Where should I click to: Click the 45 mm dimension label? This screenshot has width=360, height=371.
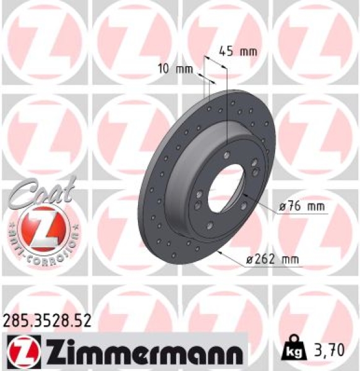(238, 51)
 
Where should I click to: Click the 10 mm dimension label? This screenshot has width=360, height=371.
(175, 69)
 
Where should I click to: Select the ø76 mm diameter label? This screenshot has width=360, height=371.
(302, 208)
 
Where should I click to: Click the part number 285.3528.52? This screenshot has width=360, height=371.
(48, 321)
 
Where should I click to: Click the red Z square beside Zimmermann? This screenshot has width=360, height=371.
(23, 351)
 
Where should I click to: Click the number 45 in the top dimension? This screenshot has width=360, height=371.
(226, 51)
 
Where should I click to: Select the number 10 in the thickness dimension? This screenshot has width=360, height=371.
(164, 69)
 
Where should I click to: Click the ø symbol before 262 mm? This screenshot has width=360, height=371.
(250, 260)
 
